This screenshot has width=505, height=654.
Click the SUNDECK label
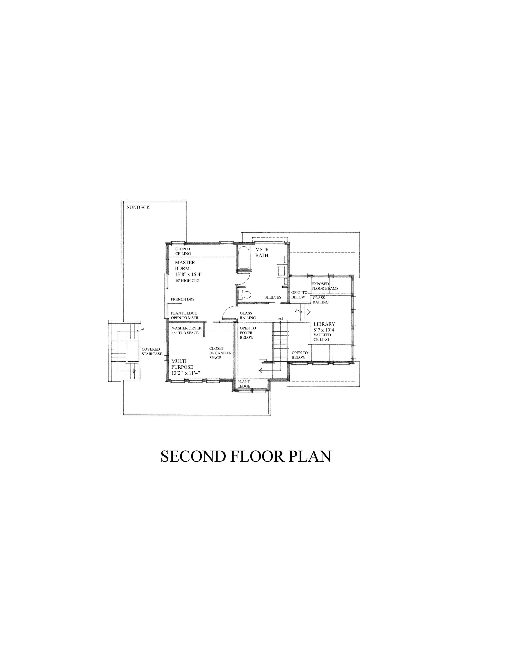pyautogui.click(x=138, y=207)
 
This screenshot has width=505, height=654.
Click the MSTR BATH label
pyautogui.click(x=262, y=252)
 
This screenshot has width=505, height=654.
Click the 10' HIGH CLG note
pyautogui.click(x=187, y=281)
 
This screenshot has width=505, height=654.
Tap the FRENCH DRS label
pyautogui.click(x=183, y=299)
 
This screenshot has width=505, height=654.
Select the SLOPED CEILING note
pyautogui.click(x=183, y=251)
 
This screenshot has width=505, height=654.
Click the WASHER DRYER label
pyautogui.click(x=186, y=328)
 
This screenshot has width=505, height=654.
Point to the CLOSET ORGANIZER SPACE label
pyautogui.click(x=220, y=353)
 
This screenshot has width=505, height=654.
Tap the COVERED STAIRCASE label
pyautogui.click(x=152, y=351)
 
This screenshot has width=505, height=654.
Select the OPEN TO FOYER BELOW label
pyautogui.click(x=247, y=333)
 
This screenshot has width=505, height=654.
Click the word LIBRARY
pyautogui.click(x=324, y=324)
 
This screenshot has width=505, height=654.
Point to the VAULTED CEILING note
pyautogui.click(x=322, y=337)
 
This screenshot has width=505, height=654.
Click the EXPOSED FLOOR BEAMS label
pyautogui.click(x=325, y=286)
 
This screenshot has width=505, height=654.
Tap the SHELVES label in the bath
pyautogui.click(x=273, y=297)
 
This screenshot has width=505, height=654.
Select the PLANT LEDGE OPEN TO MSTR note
pyautogui.click(x=184, y=315)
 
